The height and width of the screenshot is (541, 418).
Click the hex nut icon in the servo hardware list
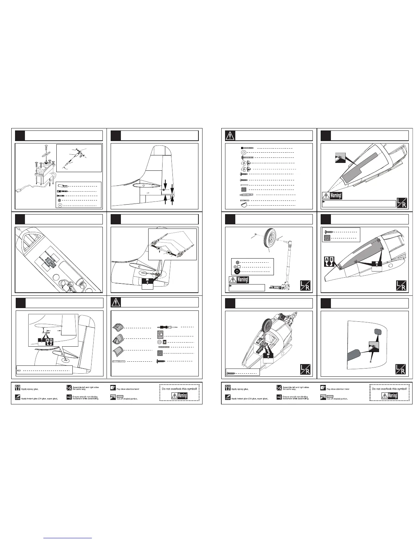[59, 200]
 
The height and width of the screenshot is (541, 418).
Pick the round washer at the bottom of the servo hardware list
[60, 206]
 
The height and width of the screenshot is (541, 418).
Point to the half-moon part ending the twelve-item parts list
[243, 205]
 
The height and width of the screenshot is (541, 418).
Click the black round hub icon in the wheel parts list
[236, 272]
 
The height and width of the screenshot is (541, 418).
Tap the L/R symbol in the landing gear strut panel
[306, 286]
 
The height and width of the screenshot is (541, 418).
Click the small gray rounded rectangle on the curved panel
[378, 331]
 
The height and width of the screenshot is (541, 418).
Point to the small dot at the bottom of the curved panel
[371, 362]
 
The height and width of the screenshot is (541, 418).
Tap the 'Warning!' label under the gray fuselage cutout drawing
[336, 196]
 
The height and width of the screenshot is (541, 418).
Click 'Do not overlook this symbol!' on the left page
[179, 389]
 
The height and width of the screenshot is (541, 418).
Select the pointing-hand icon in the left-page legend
[113, 388]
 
